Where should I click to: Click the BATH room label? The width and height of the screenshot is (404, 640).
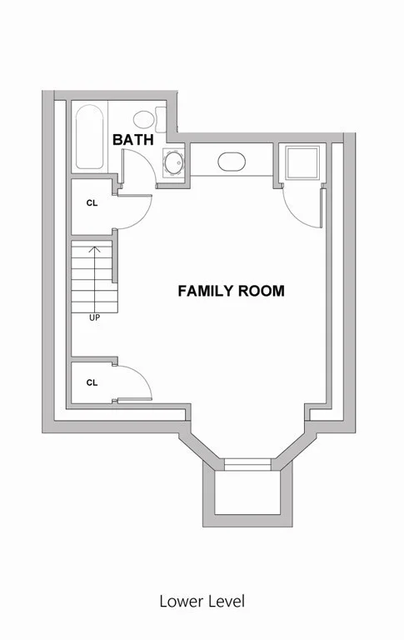(133, 140)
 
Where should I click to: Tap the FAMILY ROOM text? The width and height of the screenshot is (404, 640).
(231, 291)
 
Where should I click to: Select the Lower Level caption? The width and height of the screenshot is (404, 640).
(202, 601)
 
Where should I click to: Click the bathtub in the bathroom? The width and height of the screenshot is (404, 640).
(89, 137)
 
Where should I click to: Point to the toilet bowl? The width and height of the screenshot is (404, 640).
(143, 119)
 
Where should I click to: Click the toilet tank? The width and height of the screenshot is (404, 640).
(161, 119)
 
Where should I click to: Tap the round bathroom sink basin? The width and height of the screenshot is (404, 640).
(174, 162)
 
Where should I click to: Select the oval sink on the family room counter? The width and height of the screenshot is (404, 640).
(232, 162)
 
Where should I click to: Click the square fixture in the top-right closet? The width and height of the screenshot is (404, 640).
(302, 162)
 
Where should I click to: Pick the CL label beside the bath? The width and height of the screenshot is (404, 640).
(92, 202)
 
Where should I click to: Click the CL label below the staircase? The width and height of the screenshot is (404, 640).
(92, 382)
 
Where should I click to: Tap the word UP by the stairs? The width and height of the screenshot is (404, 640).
(94, 317)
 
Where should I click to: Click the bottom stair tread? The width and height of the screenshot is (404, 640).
(95, 307)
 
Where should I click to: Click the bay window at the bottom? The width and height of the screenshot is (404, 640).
(247, 464)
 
